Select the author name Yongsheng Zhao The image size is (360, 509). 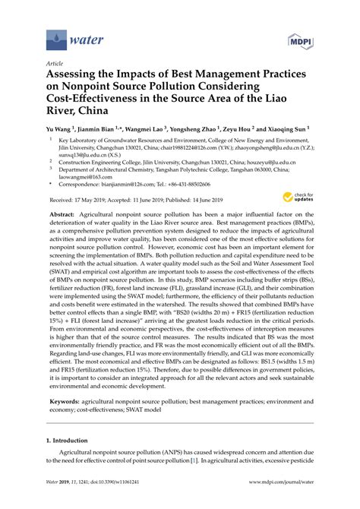198,131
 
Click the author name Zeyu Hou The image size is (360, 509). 243,131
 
